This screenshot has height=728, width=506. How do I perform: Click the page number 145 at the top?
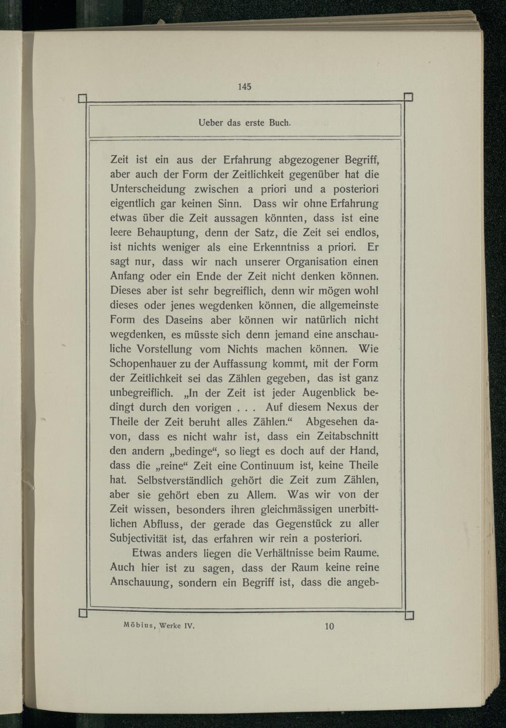[244, 86]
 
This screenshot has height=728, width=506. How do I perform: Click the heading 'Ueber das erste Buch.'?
[244, 123]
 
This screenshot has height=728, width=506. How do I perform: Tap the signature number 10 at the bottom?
[329, 626]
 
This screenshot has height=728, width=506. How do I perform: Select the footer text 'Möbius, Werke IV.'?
[159, 625]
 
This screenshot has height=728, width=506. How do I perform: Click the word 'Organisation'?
[316, 262]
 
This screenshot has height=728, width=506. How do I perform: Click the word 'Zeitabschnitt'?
[347, 436]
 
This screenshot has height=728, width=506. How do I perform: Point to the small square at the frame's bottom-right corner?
[409, 615]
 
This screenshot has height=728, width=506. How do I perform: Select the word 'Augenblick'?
[329, 392]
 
